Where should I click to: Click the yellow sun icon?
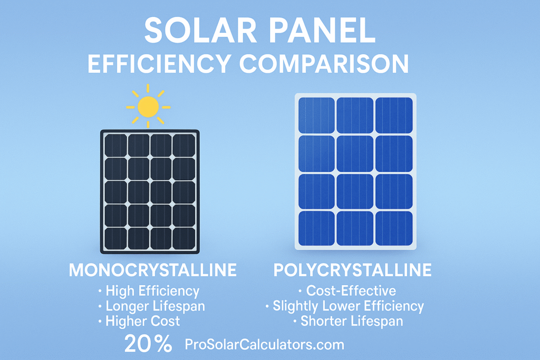click(148, 106)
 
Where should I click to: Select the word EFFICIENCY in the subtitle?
click(159, 64)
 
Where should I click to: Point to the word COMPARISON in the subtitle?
click(324, 64)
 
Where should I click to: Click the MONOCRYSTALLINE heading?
click(152, 270)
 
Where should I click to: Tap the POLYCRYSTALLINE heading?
click(352, 270)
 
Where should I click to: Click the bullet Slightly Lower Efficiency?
click(349, 306)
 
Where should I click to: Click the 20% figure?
click(148, 344)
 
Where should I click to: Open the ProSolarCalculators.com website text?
click(265, 345)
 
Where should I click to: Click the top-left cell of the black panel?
click(115, 145)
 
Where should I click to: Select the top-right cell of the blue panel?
click(394, 115)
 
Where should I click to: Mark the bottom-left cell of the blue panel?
click(316, 228)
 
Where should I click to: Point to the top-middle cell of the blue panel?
click(355, 115)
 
